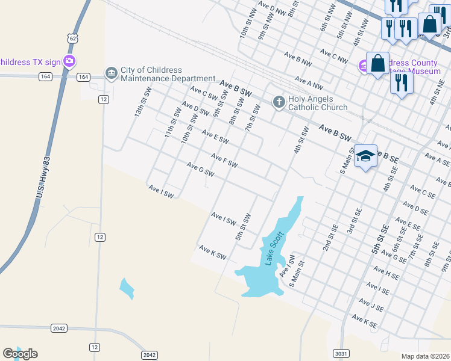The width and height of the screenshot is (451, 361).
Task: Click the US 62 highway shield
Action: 72,38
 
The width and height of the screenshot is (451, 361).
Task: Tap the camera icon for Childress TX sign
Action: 69,61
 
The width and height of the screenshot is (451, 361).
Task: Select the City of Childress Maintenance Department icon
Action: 111,73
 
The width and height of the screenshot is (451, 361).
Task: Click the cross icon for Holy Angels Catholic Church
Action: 279,102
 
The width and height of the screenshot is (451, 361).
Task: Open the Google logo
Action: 20,354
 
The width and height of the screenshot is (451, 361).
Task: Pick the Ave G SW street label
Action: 201,170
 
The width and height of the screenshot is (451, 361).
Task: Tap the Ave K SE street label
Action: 364,321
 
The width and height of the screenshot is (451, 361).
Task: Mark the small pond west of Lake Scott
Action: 126,288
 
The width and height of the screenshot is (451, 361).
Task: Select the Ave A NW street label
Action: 309,82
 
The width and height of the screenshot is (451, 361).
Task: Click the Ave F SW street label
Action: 224,161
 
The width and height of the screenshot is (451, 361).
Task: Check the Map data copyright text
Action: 426,356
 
